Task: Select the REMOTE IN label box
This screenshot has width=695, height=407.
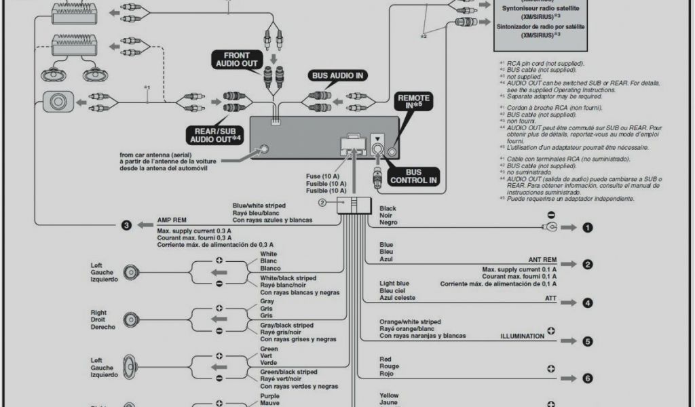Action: pos(413,102)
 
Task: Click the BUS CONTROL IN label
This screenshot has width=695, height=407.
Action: pos(413,176)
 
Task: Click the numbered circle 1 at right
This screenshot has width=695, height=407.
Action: pos(587,228)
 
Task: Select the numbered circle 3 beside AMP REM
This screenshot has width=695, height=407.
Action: pos(126,225)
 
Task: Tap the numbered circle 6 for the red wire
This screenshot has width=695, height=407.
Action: pos(587,379)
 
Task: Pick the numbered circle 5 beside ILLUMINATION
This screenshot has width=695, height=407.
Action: pos(587,341)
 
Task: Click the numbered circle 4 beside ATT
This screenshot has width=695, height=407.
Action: pos(587,303)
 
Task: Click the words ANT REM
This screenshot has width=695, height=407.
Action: pos(542,260)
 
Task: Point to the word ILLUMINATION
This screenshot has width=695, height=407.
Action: pos(522,336)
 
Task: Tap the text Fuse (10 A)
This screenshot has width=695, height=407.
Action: pos(323,176)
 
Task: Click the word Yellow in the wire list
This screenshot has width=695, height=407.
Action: pos(390,395)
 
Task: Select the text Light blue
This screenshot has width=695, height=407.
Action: pos(394,283)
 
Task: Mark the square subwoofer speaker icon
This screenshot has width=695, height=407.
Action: pos(57,102)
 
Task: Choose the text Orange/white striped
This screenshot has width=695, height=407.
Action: pos(410,322)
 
